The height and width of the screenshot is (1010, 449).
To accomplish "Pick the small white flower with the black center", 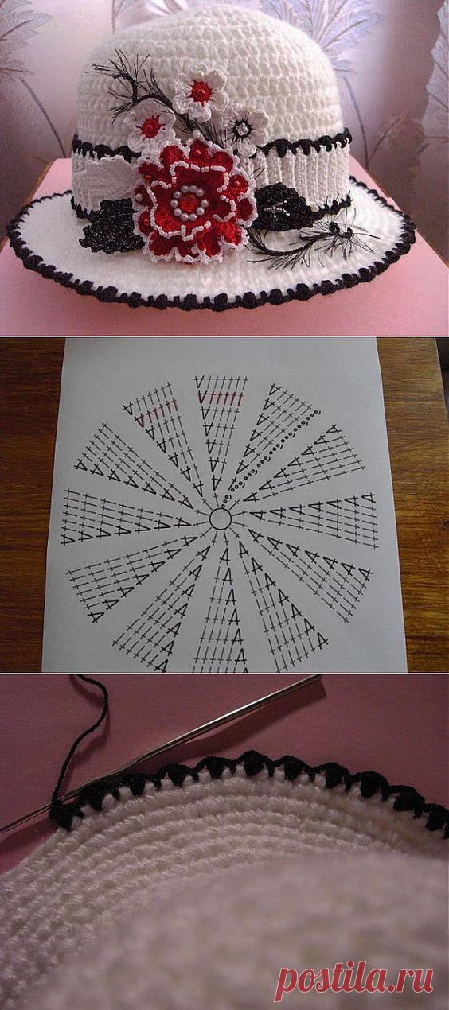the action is (x=244, y=129).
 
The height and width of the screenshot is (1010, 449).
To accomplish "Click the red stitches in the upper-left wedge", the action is (x=156, y=416).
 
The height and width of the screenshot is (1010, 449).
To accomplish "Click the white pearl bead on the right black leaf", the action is (x=271, y=210).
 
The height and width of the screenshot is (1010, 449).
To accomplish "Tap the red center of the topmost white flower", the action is (x=199, y=91).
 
